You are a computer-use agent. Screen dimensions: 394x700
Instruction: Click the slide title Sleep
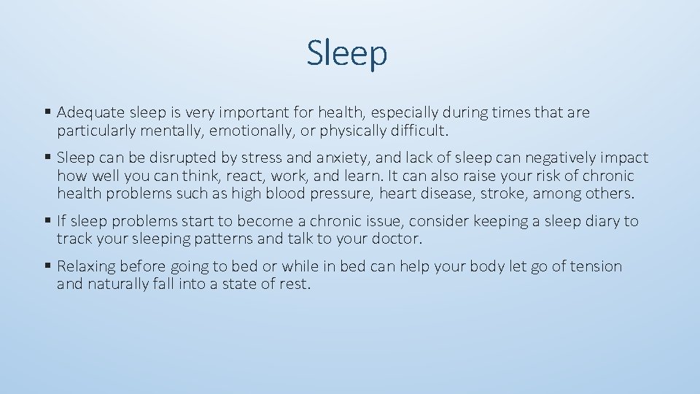347,53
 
